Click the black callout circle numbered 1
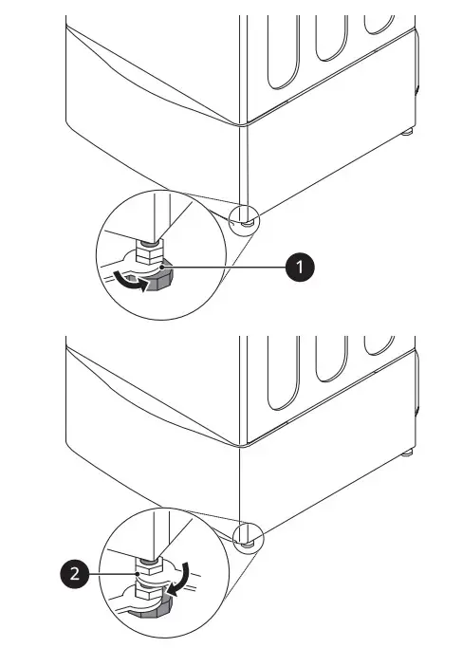pos(302,269)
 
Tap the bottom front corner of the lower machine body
pos(245,444)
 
